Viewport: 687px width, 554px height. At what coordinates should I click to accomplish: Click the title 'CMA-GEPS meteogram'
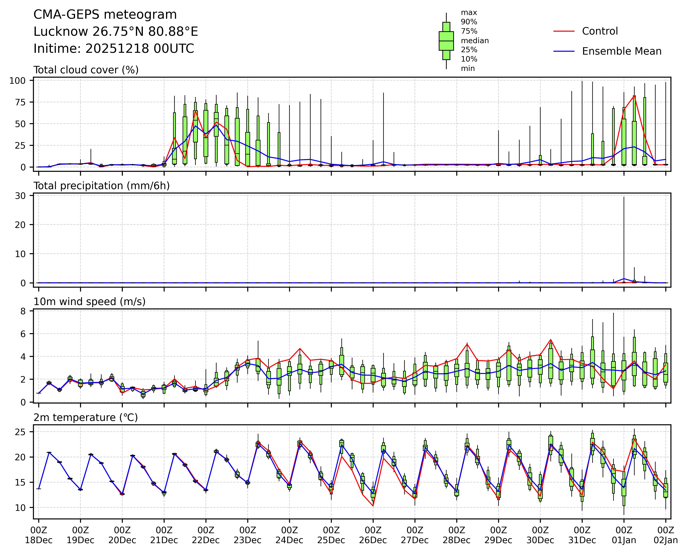[105, 15]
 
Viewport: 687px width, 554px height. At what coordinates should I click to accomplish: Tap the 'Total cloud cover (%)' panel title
[86, 70]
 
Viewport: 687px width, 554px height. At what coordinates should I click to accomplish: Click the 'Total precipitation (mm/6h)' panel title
[102, 186]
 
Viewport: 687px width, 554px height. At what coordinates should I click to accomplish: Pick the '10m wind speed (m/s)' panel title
[89, 302]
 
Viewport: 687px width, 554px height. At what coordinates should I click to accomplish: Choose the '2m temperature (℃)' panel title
[86, 417]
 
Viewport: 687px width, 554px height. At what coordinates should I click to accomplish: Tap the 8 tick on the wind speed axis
[23, 311]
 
